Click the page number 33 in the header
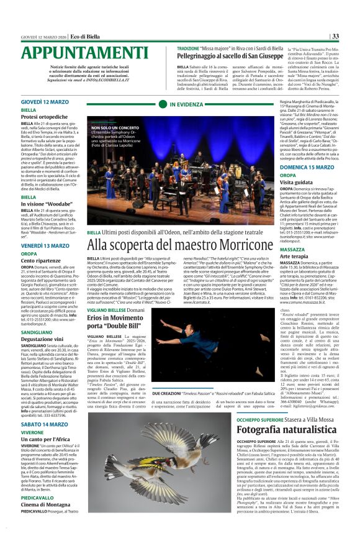click(x=335, y=36)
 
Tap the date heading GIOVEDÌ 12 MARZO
click(x=49, y=101)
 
